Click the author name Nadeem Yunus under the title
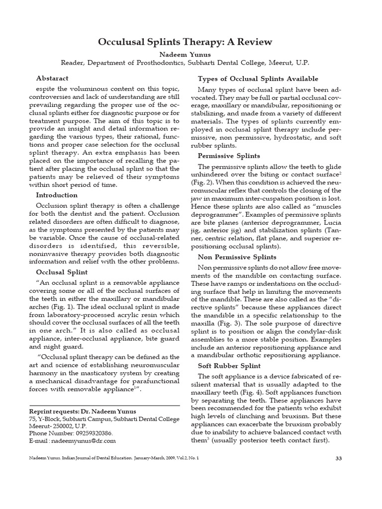(x=191, y=53)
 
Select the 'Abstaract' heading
(x=52, y=78)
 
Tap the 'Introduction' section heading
(x=57, y=195)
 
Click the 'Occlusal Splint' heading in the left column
(x=62, y=272)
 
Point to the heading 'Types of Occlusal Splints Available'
(x=258, y=79)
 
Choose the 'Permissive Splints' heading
(x=228, y=156)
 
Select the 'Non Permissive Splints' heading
(x=237, y=257)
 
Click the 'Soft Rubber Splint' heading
(x=230, y=366)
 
